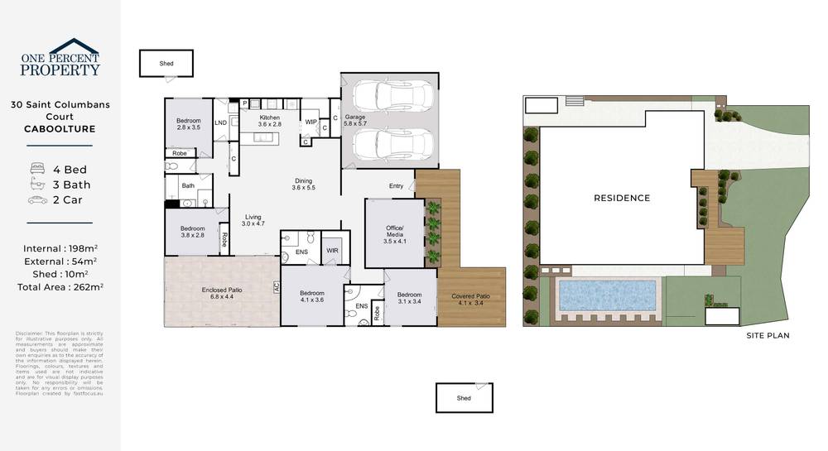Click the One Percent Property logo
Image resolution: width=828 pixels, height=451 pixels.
point(60,59)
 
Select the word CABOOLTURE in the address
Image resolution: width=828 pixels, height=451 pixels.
point(60,129)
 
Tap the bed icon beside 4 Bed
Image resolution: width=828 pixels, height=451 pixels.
point(37,170)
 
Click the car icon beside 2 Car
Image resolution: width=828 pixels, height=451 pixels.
point(37,199)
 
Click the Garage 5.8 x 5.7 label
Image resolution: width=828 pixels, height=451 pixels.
point(356,122)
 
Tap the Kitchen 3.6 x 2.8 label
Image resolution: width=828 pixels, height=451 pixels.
point(270,121)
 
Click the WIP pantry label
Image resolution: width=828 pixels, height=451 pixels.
point(311,122)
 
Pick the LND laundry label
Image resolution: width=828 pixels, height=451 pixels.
point(221,123)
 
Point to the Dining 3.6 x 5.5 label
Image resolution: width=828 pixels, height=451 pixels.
point(304,185)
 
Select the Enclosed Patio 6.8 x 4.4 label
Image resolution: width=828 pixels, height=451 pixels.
point(221,293)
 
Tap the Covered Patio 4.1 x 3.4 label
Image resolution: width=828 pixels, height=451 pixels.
point(472,300)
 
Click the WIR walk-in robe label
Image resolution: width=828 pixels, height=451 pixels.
point(333,250)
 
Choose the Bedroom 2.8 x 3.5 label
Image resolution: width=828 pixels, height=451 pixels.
point(189,124)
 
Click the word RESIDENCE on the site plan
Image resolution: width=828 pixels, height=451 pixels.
point(622,199)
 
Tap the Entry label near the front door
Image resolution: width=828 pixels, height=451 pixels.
point(396,186)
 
